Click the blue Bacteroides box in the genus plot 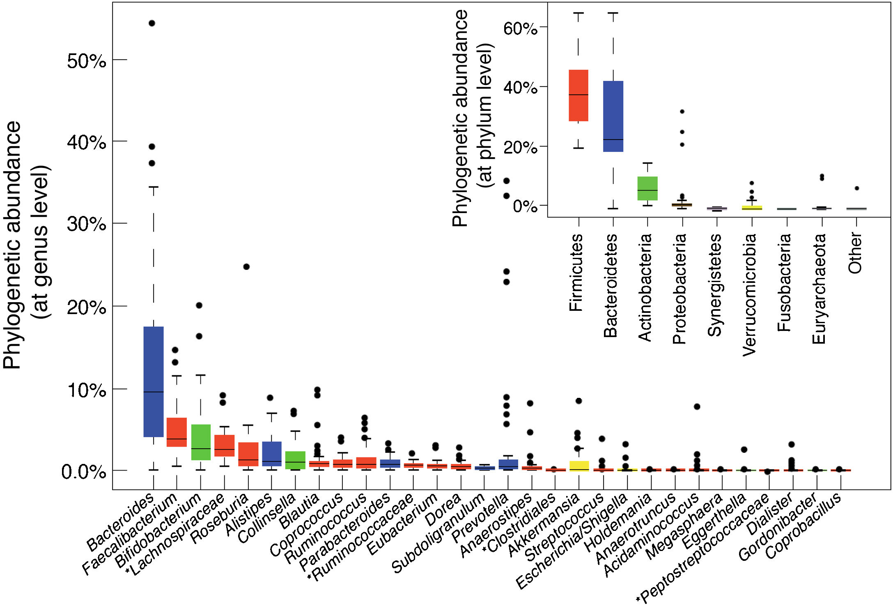(x=154, y=382)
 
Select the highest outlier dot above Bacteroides (x=152, y=23)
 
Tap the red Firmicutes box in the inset (x=578, y=95)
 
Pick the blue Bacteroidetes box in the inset (x=613, y=116)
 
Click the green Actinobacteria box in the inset (x=647, y=188)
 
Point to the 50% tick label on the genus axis (x=86, y=61)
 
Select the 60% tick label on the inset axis (x=520, y=28)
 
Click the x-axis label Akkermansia (x=544, y=526)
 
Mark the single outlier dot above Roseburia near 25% (x=246, y=267)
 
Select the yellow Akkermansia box (x=579, y=466)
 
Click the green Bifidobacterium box (x=201, y=442)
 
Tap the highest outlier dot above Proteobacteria (x=682, y=112)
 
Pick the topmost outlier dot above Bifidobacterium (x=199, y=305)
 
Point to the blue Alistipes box (x=271, y=454)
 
